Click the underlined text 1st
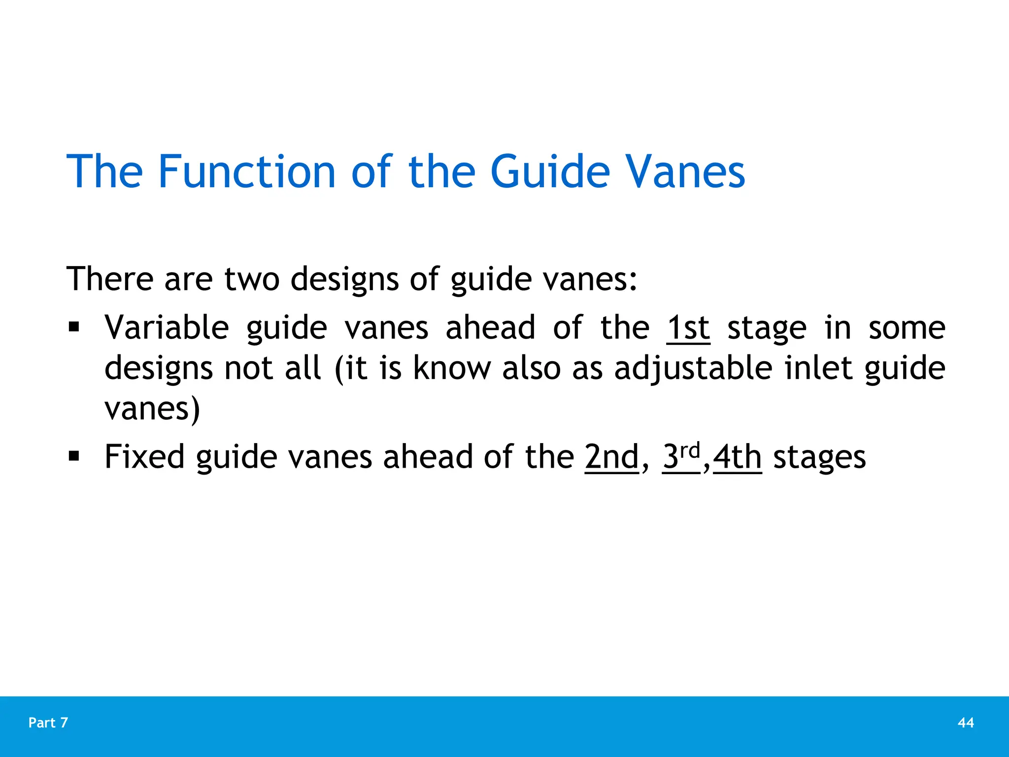[688, 328]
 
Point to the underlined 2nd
[612, 457]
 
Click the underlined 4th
[737, 457]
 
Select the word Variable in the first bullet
[167, 328]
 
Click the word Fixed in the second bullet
[144, 457]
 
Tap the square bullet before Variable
[74, 327]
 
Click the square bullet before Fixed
[74, 456]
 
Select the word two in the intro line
[252, 279]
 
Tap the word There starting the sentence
[110, 279]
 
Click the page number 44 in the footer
[966, 723]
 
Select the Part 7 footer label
[48, 723]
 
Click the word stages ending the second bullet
[819, 458]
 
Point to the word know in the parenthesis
[452, 369]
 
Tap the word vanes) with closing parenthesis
[152, 409]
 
